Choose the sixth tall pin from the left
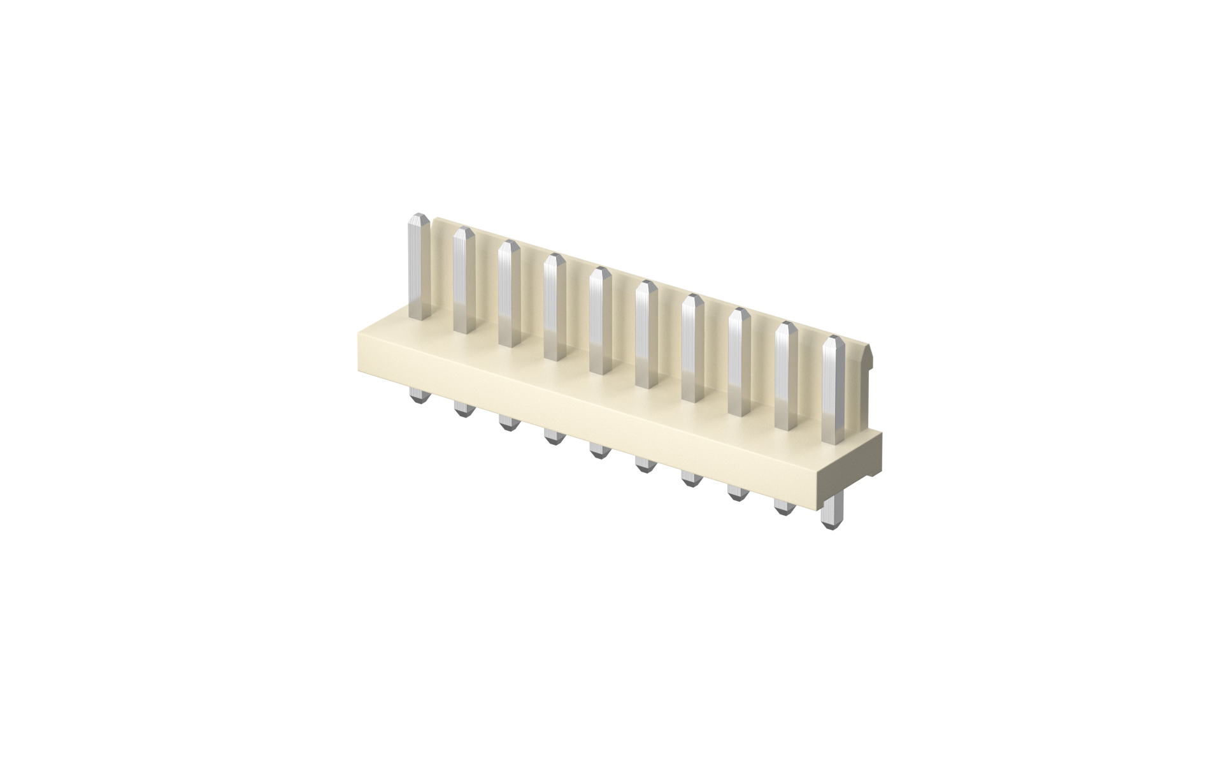646,334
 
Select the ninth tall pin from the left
785,376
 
